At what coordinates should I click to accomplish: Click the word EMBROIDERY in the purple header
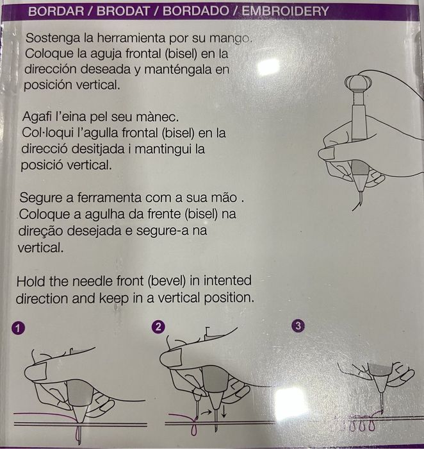point(286,12)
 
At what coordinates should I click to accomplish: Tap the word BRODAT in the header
point(123,12)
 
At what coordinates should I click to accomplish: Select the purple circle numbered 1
point(18,328)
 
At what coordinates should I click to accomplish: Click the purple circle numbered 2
point(158,327)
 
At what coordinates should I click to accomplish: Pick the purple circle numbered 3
point(298,326)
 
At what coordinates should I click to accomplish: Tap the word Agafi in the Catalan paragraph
point(37,117)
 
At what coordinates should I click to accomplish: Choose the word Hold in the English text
point(31,282)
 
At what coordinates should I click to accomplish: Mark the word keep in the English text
point(114,298)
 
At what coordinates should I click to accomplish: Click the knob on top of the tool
point(358,82)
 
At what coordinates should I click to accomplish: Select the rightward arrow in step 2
point(206,412)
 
